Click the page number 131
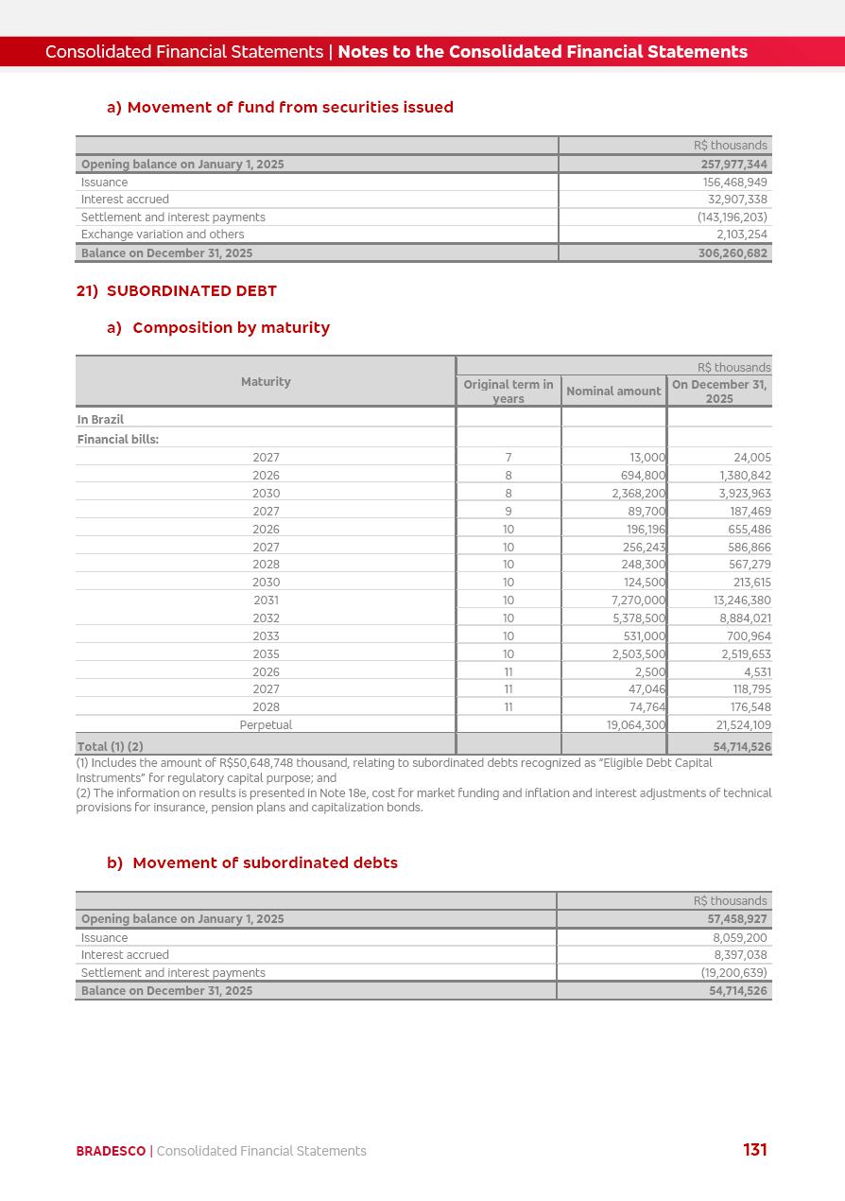[754, 1150]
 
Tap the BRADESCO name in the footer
[111, 1151]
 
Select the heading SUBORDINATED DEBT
[191, 291]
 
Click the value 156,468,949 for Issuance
[734, 182]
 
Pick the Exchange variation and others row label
[163, 235]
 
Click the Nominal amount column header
[613, 391]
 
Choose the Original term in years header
[509, 391]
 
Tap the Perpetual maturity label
[266, 725]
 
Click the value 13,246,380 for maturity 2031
[742, 600]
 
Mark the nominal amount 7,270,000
[639, 600]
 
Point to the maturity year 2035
[266, 653]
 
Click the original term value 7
[509, 458]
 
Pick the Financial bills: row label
[118, 439]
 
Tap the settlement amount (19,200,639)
[733, 972]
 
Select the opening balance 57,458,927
[737, 919]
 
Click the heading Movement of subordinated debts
[265, 862]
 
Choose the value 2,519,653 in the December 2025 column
[746, 653]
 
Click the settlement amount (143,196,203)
[732, 218]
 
